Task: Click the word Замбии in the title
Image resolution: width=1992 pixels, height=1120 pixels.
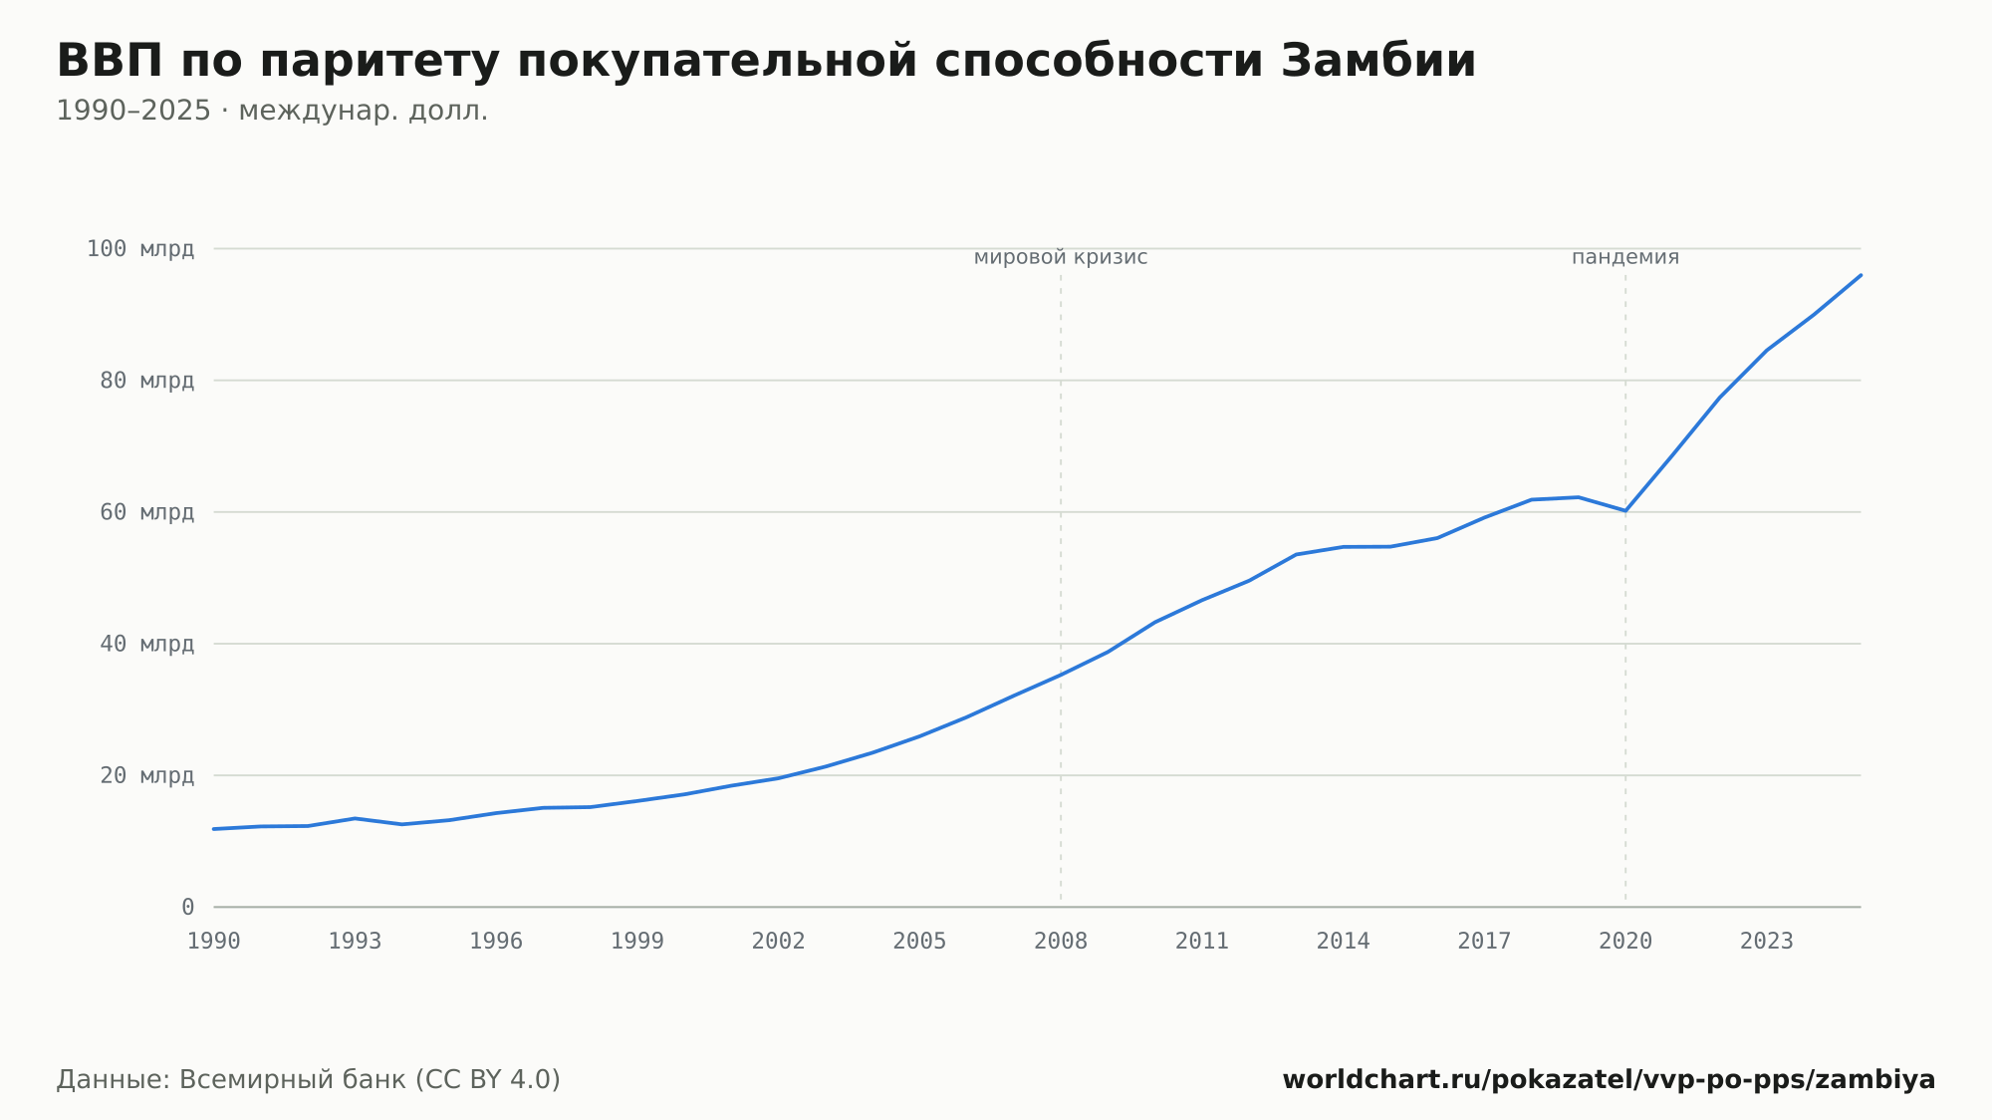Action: click(1377, 61)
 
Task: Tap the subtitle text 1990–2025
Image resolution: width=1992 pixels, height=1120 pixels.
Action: click(133, 111)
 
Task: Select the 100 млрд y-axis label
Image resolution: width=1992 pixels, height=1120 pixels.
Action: click(140, 249)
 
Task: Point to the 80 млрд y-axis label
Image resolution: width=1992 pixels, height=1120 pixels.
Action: click(146, 381)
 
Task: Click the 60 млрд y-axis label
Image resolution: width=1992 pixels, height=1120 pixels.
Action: click(146, 512)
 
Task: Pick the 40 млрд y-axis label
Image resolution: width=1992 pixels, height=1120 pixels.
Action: click(146, 644)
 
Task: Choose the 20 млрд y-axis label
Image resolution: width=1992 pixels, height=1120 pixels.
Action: click(146, 775)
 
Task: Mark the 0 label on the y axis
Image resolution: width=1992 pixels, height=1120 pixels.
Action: click(187, 907)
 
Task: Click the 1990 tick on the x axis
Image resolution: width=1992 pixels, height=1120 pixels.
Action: click(214, 942)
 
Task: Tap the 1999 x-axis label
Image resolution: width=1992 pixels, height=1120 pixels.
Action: click(637, 942)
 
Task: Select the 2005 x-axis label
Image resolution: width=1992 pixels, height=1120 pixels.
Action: click(919, 942)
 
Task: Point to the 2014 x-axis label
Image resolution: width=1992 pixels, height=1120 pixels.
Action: click(1344, 942)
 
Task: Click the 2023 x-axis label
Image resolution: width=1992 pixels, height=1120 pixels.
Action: click(1767, 942)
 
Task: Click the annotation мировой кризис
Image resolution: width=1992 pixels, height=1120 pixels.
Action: click(1061, 258)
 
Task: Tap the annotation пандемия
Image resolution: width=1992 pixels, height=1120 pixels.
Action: click(1625, 258)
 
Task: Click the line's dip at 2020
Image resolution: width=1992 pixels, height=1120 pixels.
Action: click(1625, 511)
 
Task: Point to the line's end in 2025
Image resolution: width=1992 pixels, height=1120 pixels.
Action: click(1861, 275)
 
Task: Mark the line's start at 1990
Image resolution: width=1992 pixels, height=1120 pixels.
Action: click(214, 829)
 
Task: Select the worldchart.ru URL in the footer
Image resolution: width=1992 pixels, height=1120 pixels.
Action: click(1609, 1080)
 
